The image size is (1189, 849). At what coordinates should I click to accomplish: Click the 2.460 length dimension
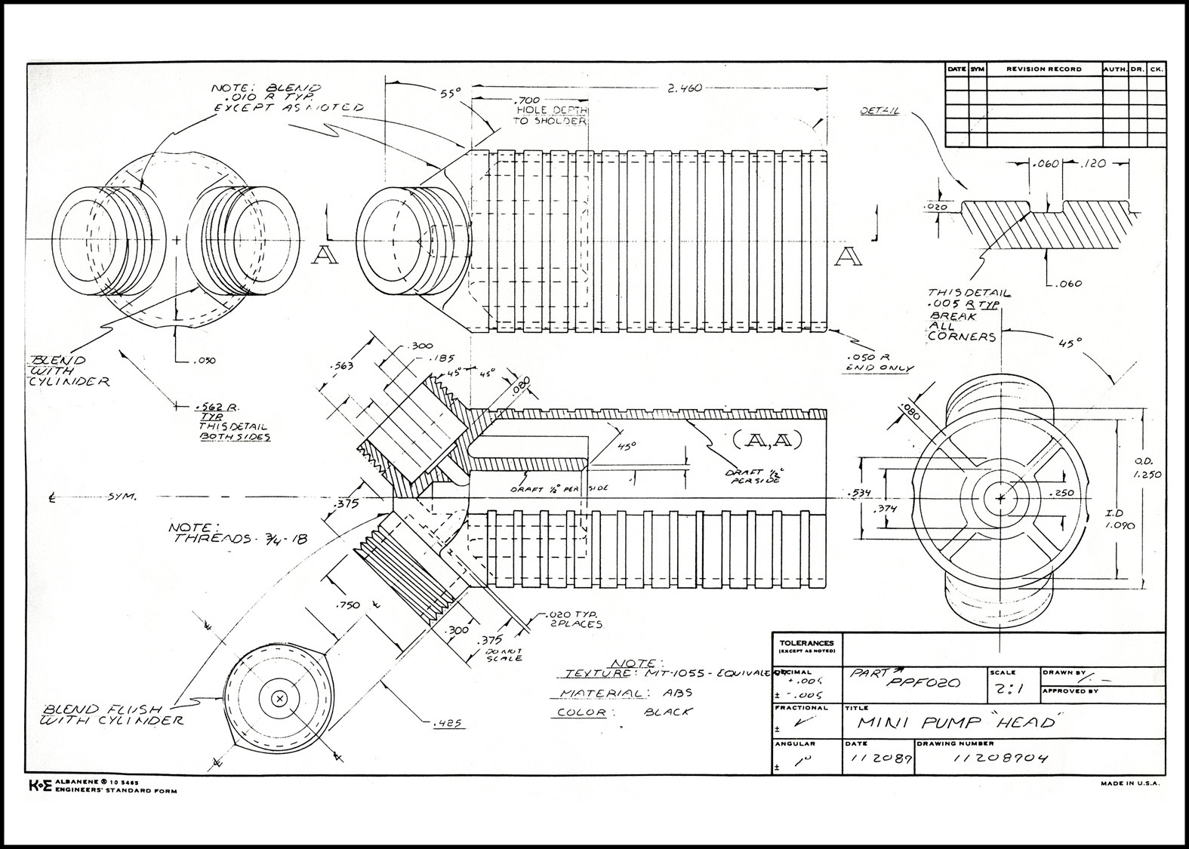pyautogui.click(x=685, y=88)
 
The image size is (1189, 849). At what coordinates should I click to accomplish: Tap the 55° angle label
pyautogui.click(x=450, y=94)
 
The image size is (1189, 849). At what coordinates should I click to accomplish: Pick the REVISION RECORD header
pyautogui.click(x=1044, y=69)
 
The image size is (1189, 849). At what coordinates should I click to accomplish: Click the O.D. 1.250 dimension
pyautogui.click(x=1147, y=468)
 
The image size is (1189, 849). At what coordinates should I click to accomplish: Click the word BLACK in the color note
pyautogui.click(x=668, y=712)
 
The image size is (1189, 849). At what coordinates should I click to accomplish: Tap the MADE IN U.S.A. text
pyautogui.click(x=1131, y=783)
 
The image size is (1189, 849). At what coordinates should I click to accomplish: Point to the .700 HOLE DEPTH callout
pyautogui.click(x=549, y=110)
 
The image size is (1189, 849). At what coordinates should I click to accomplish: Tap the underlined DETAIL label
pyautogui.click(x=879, y=111)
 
